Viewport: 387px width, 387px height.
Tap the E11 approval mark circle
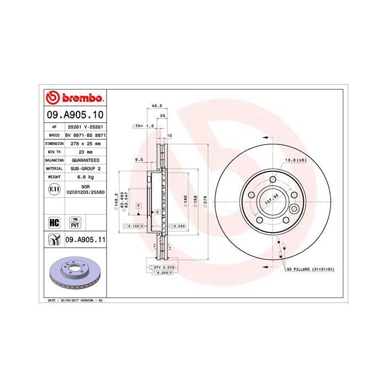pyautogui.click(x=54, y=189)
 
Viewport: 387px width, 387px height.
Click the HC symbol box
pyautogui.click(x=54, y=223)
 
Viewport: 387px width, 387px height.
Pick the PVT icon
pyautogui.click(x=74, y=223)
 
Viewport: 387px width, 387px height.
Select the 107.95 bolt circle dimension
pyautogui.click(x=270, y=200)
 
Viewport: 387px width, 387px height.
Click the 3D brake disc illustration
pyautogui.click(x=72, y=274)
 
